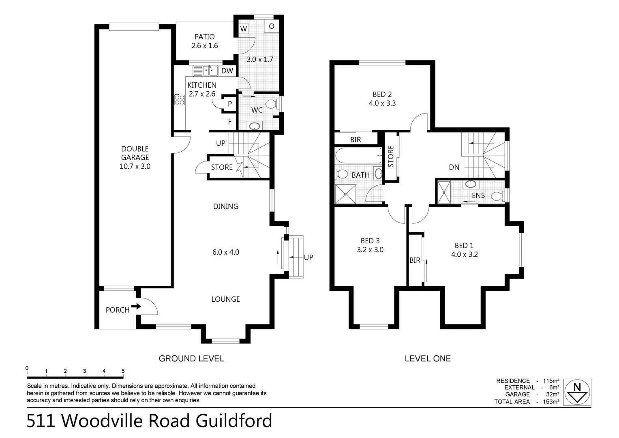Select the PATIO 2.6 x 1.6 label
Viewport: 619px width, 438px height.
click(204, 41)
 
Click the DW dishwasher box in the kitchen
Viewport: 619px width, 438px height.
click(227, 71)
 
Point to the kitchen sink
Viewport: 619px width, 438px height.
click(210, 71)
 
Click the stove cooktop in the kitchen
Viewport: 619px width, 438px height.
click(179, 100)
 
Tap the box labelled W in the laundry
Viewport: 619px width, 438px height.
click(244, 29)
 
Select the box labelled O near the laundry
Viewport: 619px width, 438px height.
click(271, 26)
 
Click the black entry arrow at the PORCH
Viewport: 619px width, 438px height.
click(136, 306)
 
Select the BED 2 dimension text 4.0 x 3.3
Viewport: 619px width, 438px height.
click(382, 103)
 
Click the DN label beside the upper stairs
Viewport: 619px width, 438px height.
click(454, 167)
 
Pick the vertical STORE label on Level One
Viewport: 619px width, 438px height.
click(391, 157)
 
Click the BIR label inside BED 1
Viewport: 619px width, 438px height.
click(415, 260)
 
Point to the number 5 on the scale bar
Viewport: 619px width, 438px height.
click(123, 371)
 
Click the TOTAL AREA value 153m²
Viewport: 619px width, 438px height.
click(551, 401)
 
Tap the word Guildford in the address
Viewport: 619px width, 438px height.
click(234, 421)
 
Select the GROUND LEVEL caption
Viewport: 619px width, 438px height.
click(191, 359)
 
